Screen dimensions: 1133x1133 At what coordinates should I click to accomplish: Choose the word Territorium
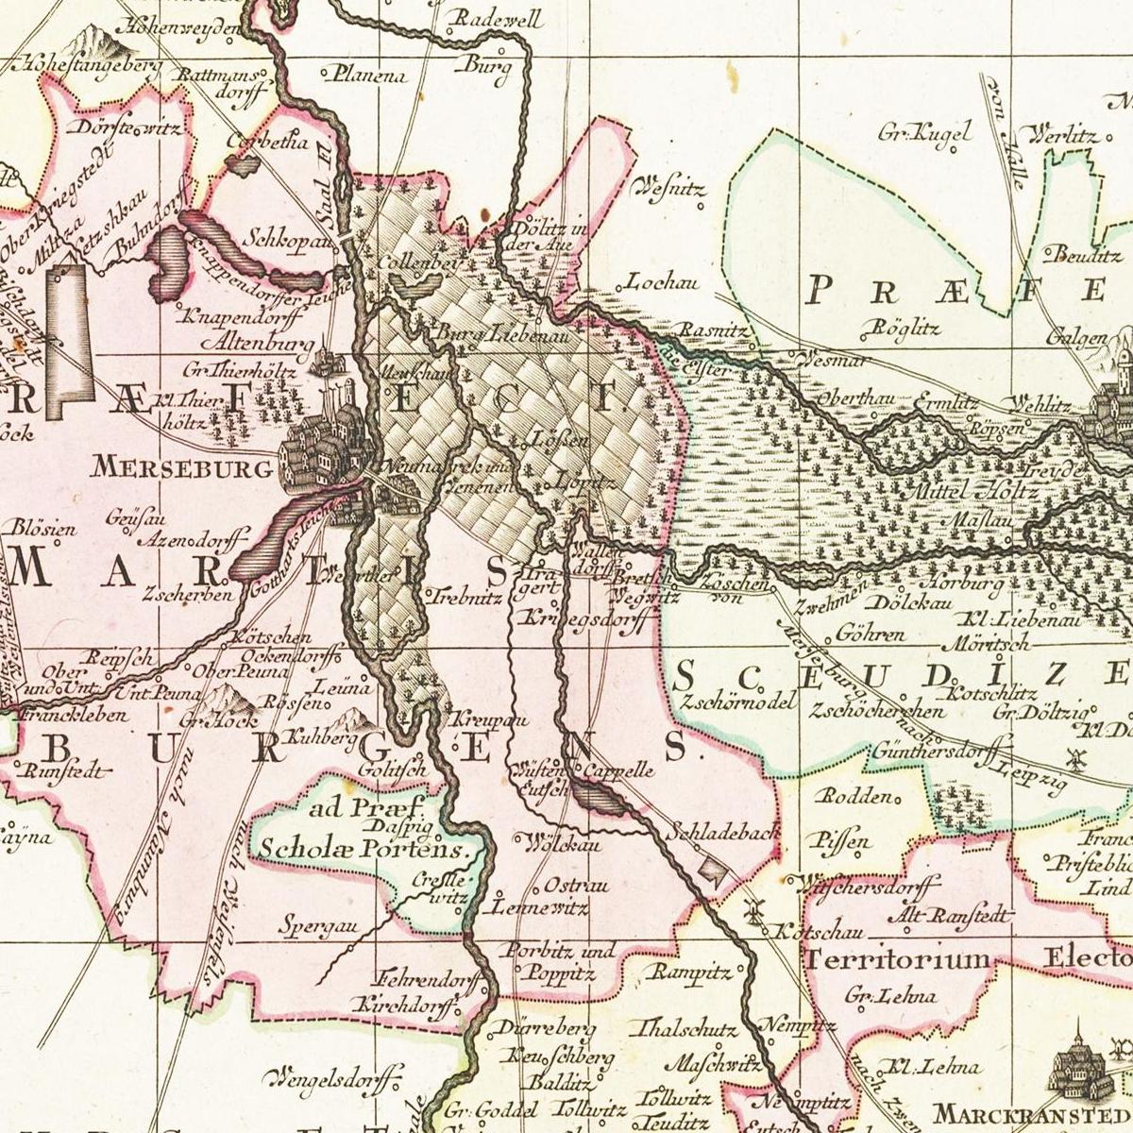click(x=898, y=959)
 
